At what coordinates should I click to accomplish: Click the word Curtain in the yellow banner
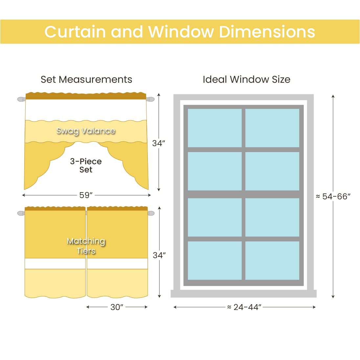tap(75, 32)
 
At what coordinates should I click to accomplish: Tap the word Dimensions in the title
tap(267, 32)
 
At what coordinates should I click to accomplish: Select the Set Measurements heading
tap(86, 79)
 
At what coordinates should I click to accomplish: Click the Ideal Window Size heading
tap(246, 79)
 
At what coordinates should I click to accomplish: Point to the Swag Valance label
tap(86, 131)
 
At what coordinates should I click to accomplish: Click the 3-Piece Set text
tap(86, 166)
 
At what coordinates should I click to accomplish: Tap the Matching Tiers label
tap(86, 246)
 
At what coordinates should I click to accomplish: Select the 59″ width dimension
tap(86, 195)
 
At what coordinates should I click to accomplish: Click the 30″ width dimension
tap(117, 307)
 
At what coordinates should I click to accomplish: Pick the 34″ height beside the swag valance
tap(159, 143)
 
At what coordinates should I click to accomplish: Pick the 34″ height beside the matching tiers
tap(159, 255)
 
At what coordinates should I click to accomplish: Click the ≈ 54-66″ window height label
tap(333, 196)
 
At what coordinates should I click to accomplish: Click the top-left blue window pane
tap(214, 128)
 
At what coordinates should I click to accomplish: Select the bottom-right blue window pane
tap(272, 260)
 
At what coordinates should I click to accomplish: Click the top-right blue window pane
tap(272, 128)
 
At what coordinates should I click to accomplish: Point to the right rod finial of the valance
tap(150, 99)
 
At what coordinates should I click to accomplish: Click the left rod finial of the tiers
tap(21, 214)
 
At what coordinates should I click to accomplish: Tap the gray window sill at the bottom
tap(243, 294)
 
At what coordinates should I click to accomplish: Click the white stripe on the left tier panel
tap(55, 263)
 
